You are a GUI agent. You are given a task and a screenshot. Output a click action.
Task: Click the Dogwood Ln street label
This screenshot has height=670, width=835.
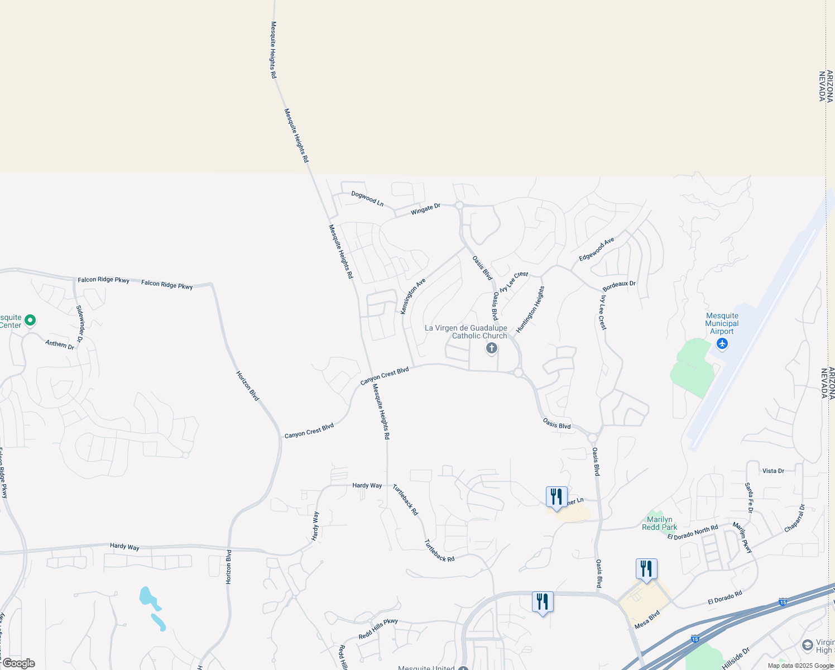[x=367, y=198]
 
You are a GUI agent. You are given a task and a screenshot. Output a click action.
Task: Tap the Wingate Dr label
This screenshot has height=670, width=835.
[x=425, y=209]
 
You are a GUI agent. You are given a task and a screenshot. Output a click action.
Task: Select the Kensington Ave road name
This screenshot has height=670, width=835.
[x=413, y=296]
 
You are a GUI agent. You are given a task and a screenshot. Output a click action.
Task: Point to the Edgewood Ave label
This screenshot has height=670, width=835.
[x=596, y=249]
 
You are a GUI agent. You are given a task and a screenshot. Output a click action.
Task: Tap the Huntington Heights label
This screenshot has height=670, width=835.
[x=530, y=310]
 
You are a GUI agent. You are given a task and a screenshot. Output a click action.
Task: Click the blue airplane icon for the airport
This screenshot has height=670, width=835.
[x=722, y=343]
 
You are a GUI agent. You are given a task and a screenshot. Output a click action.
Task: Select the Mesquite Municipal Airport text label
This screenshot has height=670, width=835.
[x=722, y=324]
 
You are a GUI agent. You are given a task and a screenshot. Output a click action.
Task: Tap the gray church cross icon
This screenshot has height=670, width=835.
[x=492, y=349]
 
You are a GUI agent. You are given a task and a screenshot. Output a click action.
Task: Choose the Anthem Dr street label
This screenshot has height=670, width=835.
[x=60, y=344]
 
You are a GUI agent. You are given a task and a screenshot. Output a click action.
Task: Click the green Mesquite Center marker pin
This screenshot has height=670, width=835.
[x=31, y=320]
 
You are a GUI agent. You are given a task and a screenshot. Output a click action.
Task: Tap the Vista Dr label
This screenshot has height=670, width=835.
[x=773, y=471]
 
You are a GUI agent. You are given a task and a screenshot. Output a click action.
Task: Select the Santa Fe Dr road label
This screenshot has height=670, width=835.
[x=749, y=497]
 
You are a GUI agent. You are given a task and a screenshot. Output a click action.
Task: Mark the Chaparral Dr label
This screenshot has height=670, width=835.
[x=794, y=518]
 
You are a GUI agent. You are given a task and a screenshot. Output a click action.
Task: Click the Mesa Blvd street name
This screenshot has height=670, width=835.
[x=647, y=620]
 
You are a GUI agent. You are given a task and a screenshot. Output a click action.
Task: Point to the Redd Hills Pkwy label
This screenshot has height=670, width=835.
[x=378, y=629]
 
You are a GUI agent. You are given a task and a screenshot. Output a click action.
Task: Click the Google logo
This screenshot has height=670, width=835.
[x=18, y=663]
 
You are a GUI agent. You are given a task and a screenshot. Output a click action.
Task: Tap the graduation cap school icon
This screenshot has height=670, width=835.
[x=807, y=646]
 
